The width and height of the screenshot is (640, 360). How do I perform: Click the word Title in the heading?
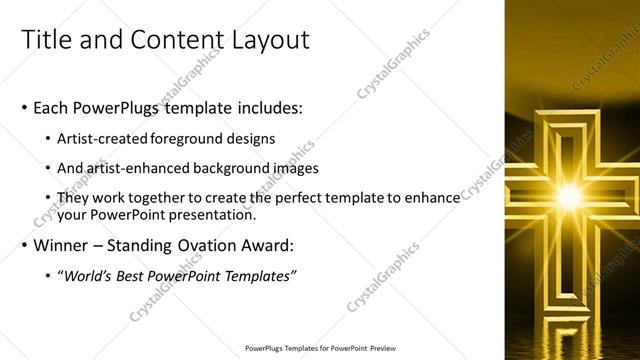(x=48, y=41)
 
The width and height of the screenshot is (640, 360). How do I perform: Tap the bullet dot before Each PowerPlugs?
(x=23, y=107)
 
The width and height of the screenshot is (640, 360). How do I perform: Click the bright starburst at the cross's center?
(x=569, y=196)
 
